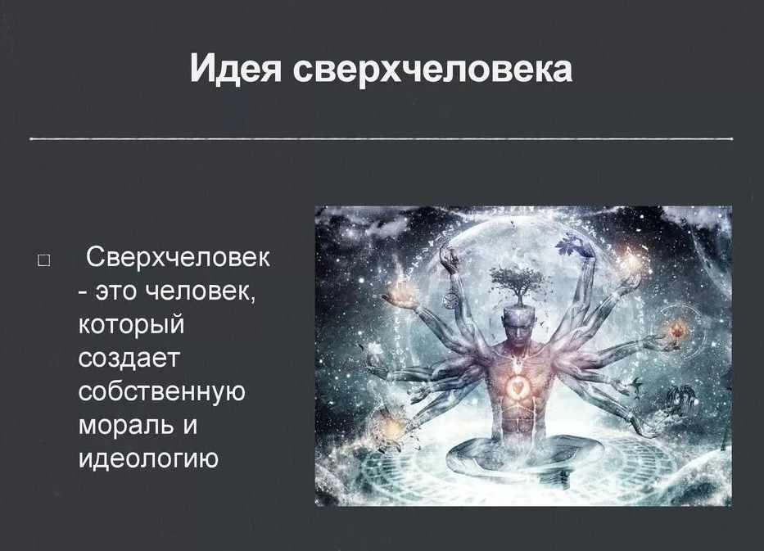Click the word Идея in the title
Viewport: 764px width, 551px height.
(x=236, y=68)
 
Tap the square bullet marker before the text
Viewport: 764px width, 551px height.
(x=43, y=260)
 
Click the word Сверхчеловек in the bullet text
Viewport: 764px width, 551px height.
(x=178, y=257)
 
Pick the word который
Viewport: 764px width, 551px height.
(x=132, y=325)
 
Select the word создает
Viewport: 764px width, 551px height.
(x=129, y=359)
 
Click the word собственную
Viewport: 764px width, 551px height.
(x=162, y=391)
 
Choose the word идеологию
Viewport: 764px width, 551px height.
(x=148, y=458)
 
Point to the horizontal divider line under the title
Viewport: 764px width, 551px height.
(x=382, y=139)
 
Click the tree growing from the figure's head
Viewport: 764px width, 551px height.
(x=517, y=283)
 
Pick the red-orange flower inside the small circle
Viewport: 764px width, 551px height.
(x=676, y=332)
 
